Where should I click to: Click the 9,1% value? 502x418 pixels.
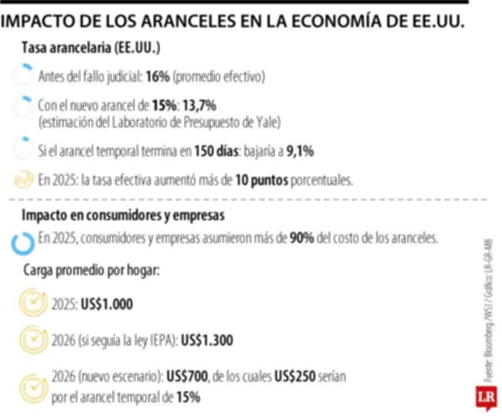pos(300,151)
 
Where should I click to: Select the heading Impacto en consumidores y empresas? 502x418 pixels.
pos(122,215)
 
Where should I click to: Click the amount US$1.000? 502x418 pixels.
pos(107,305)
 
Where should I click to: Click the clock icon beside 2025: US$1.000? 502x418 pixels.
pos(32,304)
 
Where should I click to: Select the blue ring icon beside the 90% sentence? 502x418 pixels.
pos(23,243)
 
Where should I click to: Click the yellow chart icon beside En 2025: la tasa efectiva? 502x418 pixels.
pos(24,180)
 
